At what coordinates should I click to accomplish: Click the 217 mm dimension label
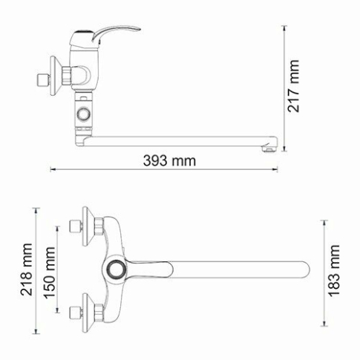coord(295,85)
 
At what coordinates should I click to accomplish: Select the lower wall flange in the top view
coord(88,312)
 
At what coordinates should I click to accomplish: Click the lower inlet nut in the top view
coord(73,312)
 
